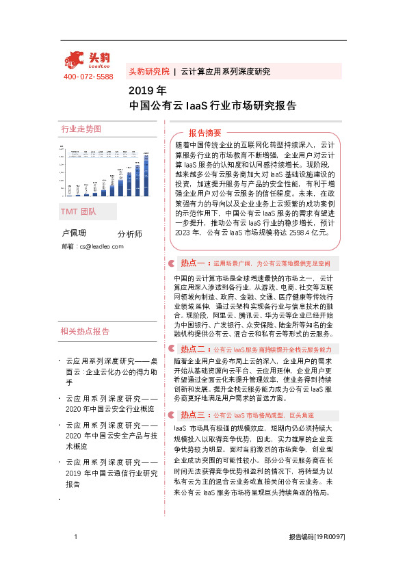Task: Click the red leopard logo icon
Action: pyautogui.click(x=75, y=58)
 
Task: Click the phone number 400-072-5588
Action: pyautogui.click(x=88, y=77)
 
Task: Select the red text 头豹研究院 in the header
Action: pyautogui.click(x=148, y=71)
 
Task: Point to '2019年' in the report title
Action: pyautogui.click(x=148, y=90)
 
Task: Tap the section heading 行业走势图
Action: pyautogui.click(x=81, y=129)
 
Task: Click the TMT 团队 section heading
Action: pyautogui.click(x=79, y=211)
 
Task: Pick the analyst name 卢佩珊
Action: pyautogui.click(x=75, y=233)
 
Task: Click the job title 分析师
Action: pyautogui.click(x=130, y=234)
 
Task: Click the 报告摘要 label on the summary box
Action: pyautogui.click(x=205, y=133)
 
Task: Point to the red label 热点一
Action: pyautogui.click(x=194, y=262)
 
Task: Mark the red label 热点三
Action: pyautogui.click(x=194, y=395)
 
